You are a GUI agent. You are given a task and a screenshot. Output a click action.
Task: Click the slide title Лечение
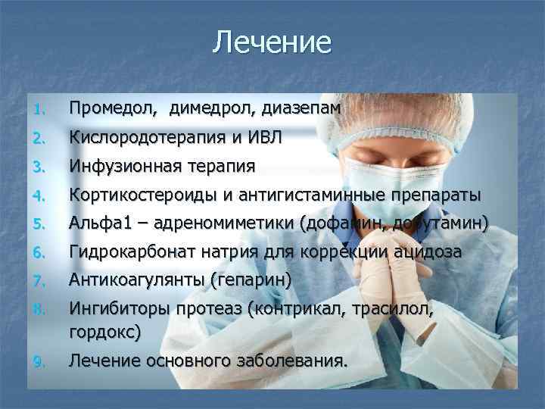(272, 42)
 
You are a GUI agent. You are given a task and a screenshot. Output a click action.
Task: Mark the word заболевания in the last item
(291, 361)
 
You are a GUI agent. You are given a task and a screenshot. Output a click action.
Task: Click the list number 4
(39, 195)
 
